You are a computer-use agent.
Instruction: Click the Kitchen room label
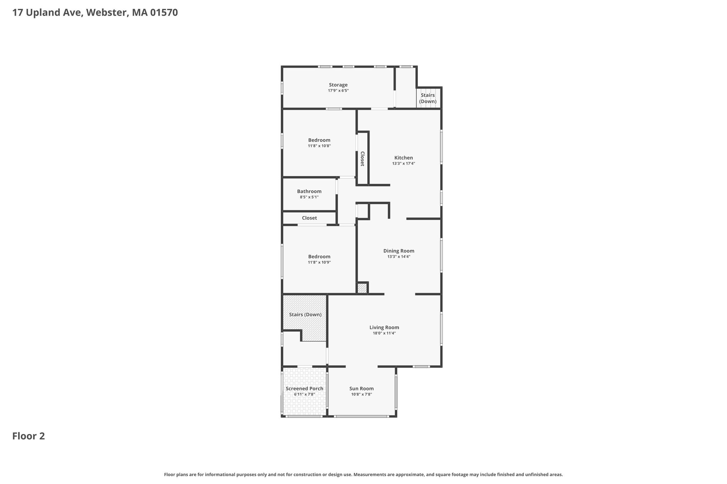coord(404,158)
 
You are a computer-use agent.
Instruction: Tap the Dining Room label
coord(399,251)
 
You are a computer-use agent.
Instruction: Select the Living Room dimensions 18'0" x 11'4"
coord(384,333)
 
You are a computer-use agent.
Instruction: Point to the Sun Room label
coord(361,389)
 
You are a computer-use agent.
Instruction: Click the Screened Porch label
coord(305,389)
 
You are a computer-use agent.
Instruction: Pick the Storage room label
coord(338,85)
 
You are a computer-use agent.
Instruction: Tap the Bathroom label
coord(309,191)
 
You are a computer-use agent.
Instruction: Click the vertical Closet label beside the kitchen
coord(362,159)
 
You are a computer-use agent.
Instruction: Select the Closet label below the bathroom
coord(310,218)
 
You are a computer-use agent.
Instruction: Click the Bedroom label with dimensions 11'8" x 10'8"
coord(319,140)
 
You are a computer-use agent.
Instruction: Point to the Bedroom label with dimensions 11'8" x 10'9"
coord(319,256)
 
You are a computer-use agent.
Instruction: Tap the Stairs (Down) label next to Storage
coord(428,98)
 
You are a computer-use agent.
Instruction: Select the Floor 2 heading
coord(29,436)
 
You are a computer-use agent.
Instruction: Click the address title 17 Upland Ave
coord(95,13)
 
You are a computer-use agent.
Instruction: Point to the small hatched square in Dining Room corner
coord(362,288)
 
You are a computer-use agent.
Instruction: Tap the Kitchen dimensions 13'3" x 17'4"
coord(404,164)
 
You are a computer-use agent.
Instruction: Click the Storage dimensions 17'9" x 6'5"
coord(338,91)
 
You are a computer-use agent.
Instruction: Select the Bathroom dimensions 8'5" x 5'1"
coord(309,197)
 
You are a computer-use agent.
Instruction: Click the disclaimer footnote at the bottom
coord(363,474)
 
